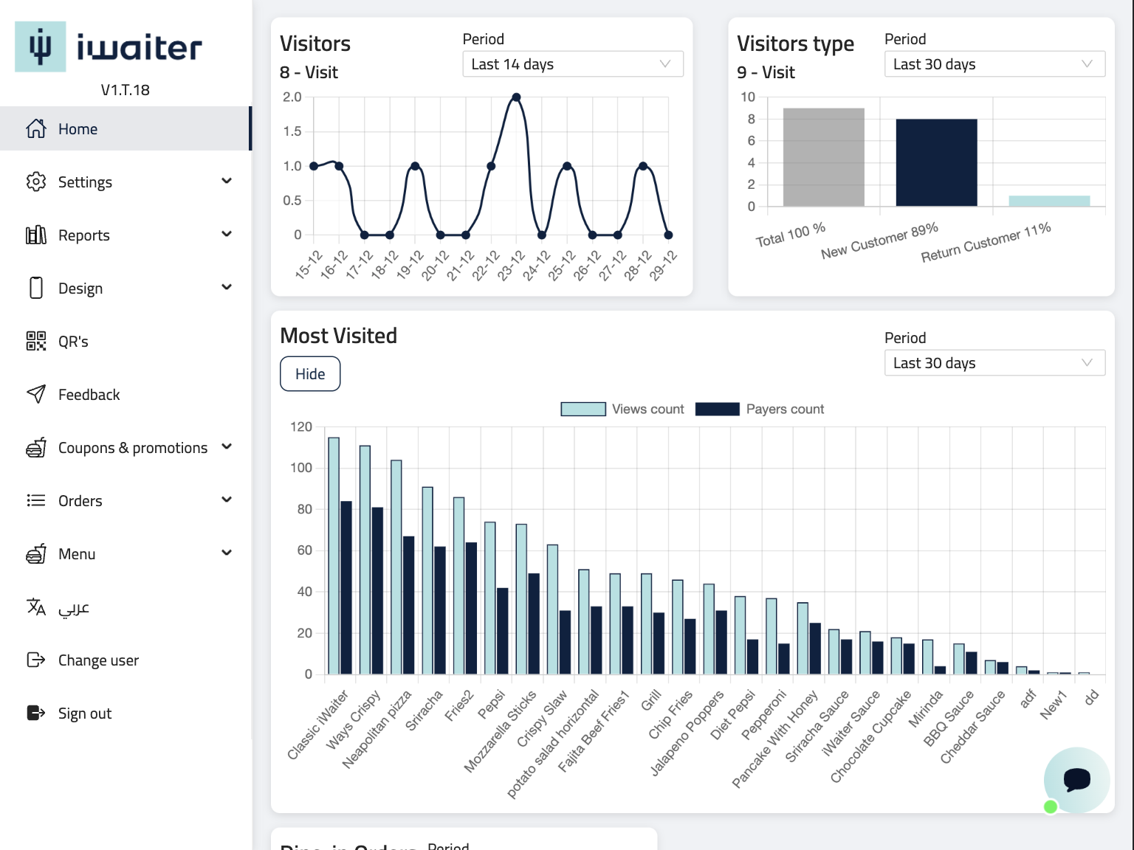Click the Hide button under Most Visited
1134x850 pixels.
[310, 374]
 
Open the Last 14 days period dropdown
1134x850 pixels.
[572, 64]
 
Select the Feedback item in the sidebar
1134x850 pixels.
[89, 395]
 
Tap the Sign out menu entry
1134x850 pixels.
[84, 713]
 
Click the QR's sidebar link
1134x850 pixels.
[73, 342]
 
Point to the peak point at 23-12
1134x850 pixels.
[516, 97]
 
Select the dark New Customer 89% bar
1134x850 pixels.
[936, 162]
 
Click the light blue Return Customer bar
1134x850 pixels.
[1049, 201]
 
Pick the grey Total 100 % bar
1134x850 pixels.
[823, 157]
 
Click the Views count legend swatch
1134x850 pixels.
[583, 410]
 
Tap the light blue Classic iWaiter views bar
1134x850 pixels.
[334, 556]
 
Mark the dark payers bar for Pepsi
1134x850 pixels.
[503, 631]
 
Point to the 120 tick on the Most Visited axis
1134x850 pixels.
[301, 427]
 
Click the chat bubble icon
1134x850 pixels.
[1076, 779]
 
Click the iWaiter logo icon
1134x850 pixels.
[41, 46]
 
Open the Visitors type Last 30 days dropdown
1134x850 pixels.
[994, 64]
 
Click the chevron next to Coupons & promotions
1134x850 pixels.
[227, 446]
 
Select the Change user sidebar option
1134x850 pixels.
[98, 660]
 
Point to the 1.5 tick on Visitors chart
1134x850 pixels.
[292, 131]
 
